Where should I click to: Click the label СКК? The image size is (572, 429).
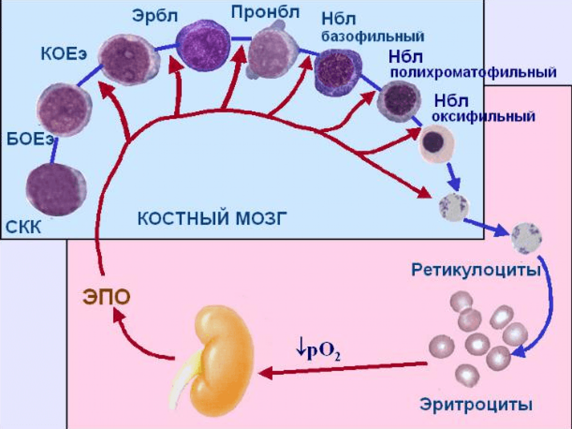tap(23, 227)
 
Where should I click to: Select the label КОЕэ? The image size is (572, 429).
tap(64, 54)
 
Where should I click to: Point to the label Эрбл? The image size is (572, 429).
tap(155, 16)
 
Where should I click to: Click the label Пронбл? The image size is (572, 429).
tap(266, 12)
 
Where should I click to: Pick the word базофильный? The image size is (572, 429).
tap(373, 37)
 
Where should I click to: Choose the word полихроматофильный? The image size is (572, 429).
tap(473, 72)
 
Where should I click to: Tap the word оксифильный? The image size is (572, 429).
tap(483, 116)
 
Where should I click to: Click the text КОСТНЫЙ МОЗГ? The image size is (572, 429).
tap(212, 218)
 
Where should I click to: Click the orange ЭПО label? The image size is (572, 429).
tap(107, 297)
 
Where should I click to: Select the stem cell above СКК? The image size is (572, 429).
tap(56, 189)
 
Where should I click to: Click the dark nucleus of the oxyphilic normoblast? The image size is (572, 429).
tap(433, 142)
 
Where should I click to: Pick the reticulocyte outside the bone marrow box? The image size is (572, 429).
tap(527, 238)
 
